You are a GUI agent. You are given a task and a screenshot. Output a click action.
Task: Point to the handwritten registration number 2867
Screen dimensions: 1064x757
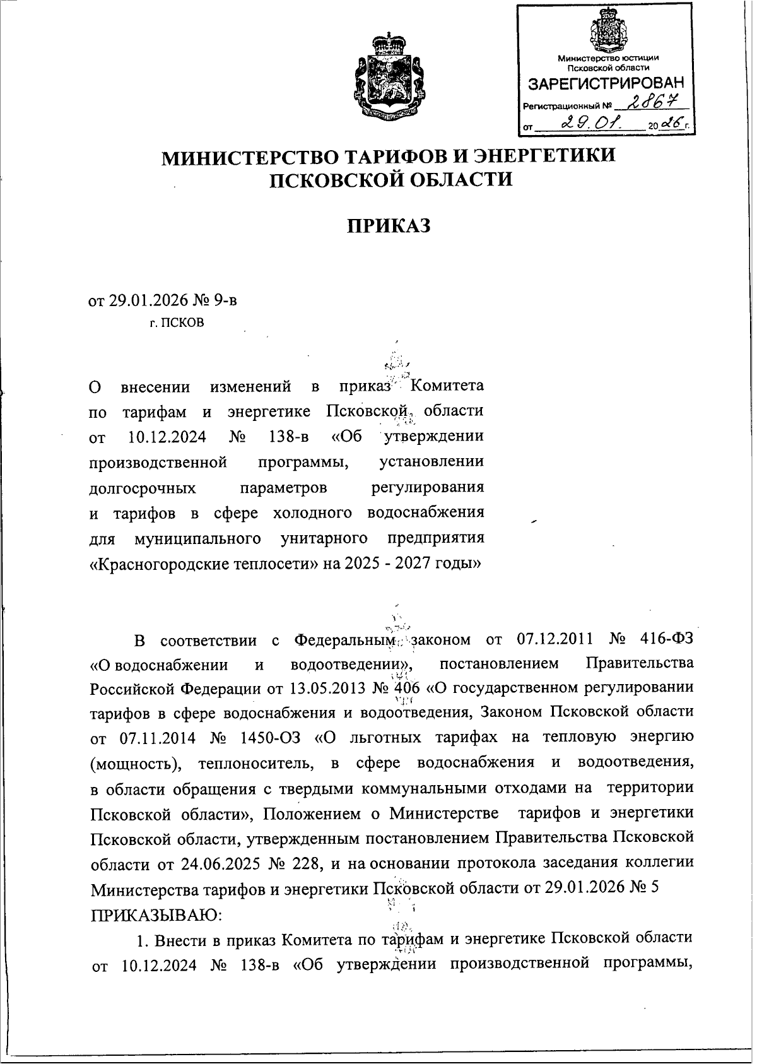pos(637,101)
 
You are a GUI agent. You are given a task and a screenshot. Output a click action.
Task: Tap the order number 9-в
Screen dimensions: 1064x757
pos(225,300)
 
